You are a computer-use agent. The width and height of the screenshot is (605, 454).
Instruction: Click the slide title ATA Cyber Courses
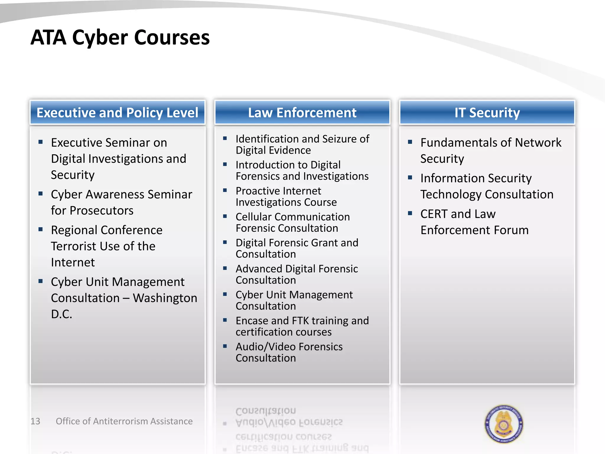pyautogui.click(x=120, y=38)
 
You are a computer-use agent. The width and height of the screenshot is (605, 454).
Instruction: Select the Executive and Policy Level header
pyautogui.click(x=117, y=113)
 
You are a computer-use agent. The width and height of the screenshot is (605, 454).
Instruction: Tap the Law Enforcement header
pyautogui.click(x=302, y=113)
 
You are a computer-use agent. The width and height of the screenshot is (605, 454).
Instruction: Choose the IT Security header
pyautogui.click(x=487, y=113)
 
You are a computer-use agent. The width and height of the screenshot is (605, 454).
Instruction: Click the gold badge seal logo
pyautogui.click(x=504, y=424)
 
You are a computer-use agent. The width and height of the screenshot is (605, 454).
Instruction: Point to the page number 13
pyautogui.click(x=35, y=421)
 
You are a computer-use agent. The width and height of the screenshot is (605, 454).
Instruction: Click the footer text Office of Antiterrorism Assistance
pyautogui.click(x=124, y=421)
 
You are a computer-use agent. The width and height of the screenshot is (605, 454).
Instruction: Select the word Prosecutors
pyautogui.click(x=102, y=211)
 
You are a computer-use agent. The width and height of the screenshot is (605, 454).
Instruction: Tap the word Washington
pyautogui.click(x=165, y=298)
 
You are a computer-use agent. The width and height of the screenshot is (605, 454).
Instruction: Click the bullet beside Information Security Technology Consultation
pyautogui.click(x=410, y=177)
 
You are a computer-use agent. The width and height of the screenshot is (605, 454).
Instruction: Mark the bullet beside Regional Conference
pyautogui.click(x=41, y=229)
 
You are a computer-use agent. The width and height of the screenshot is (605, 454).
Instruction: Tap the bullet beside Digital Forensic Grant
pyautogui.click(x=225, y=242)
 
